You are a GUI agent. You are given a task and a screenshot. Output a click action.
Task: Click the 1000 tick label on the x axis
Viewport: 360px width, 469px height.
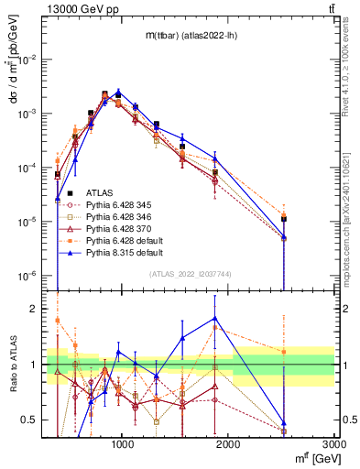123,445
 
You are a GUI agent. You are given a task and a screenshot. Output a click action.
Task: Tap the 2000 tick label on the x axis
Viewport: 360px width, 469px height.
228,445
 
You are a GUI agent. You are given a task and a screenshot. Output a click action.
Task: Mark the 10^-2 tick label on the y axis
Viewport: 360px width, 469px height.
28,60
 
